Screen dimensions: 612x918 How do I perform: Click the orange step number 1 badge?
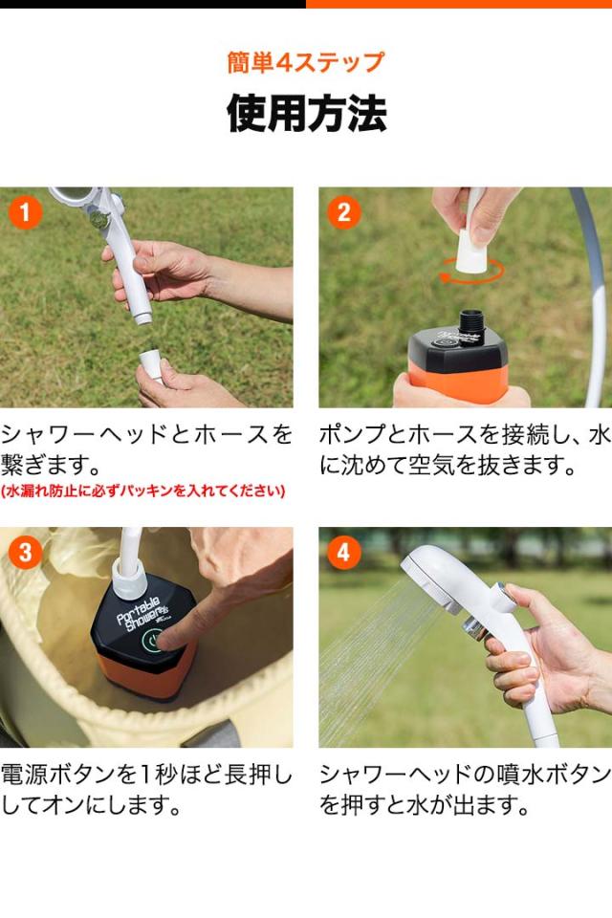click(x=25, y=212)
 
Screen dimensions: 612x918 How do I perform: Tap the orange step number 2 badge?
click(x=344, y=212)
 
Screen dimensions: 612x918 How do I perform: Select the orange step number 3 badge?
click(x=25, y=552)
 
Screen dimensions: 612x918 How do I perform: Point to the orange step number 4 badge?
click(x=344, y=552)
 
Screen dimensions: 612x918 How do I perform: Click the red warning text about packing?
click(x=143, y=491)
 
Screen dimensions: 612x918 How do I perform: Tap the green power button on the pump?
click(x=153, y=641)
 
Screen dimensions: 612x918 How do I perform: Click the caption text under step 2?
click(x=465, y=450)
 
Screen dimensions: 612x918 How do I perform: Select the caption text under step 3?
click(x=146, y=791)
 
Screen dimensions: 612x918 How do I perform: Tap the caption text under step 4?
click(x=465, y=791)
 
